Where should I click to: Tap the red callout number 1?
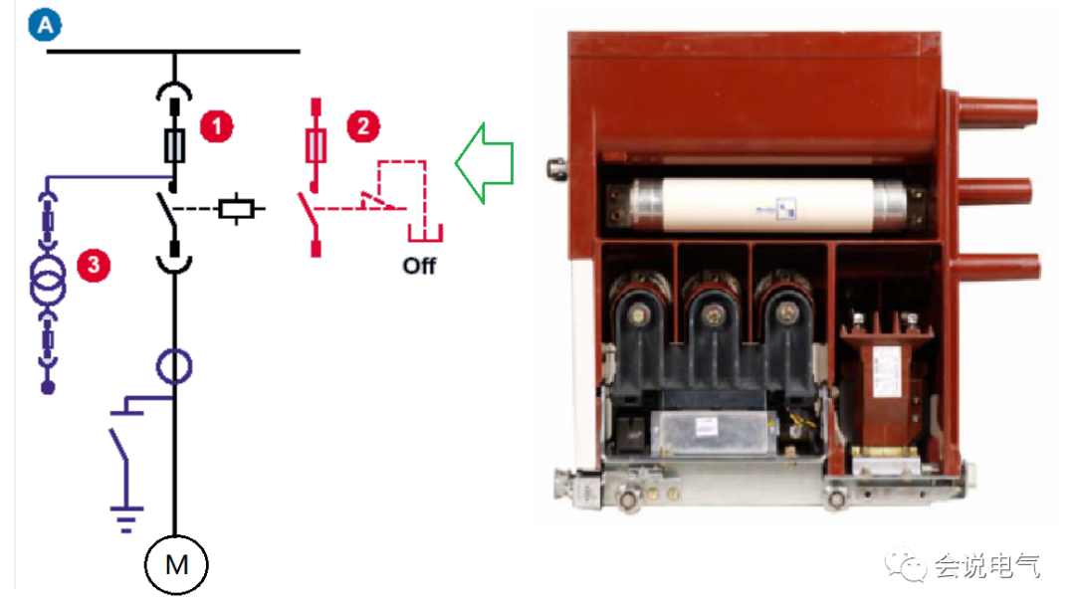[x=216, y=126]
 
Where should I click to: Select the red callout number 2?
[x=362, y=126]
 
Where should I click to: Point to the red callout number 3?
[x=93, y=266]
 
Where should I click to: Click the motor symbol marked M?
[x=176, y=564]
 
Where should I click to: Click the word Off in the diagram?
[x=419, y=266]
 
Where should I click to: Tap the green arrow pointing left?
[x=484, y=163]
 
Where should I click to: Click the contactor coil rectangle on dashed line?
[x=239, y=209]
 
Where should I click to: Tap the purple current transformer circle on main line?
[x=175, y=366]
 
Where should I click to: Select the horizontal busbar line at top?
[x=173, y=51]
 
